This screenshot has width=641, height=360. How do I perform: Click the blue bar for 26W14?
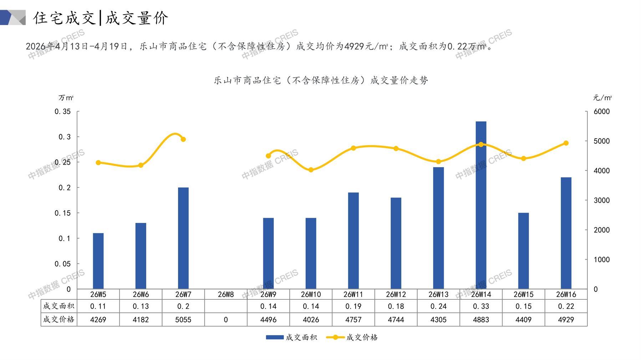pos(481,205)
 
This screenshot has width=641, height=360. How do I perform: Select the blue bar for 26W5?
pos(98,261)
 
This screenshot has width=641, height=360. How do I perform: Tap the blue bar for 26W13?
pos(438,228)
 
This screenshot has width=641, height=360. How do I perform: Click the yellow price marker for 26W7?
pos(183,139)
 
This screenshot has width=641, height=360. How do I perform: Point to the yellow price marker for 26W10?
pos(311,170)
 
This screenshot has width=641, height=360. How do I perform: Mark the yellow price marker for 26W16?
pos(566,143)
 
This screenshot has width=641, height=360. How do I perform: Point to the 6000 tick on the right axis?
pos(602,112)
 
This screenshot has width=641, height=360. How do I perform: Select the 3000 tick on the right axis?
pos(602,200)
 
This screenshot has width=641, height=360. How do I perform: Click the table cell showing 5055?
pos(183,320)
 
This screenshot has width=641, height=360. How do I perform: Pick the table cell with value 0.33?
pos(481,306)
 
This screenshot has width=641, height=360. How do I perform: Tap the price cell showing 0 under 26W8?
pos(226,320)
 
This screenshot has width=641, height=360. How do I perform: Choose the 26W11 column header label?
pos(353,294)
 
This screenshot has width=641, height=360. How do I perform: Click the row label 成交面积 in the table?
pos(59,306)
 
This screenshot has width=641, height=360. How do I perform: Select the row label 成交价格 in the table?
pos(59,319)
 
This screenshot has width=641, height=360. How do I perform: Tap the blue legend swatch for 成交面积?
pos(275,337)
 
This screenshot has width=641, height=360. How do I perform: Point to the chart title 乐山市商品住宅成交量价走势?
pos(321,81)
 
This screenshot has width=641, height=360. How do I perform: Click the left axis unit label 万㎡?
pos(66,98)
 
